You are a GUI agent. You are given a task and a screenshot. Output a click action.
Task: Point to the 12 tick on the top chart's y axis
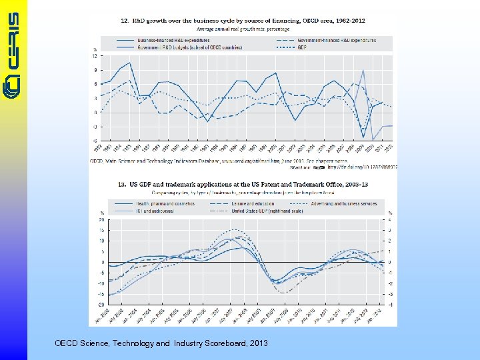click(x=95, y=56)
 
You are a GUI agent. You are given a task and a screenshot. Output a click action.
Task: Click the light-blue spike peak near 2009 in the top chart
click(x=363, y=70)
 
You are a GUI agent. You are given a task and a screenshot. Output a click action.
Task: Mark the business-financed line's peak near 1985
click(x=129, y=63)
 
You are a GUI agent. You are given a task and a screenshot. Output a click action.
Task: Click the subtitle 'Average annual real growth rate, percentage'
click(x=243, y=29)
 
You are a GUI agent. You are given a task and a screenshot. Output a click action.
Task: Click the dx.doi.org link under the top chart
click(x=363, y=167)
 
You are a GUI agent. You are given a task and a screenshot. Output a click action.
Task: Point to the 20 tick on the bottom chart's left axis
click(x=101, y=219)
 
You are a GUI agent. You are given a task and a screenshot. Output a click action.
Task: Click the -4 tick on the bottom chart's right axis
click(x=390, y=305)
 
